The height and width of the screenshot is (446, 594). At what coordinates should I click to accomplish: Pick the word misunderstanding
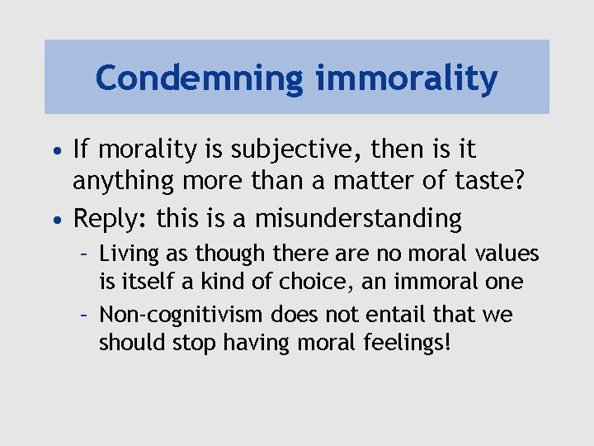coord(358,219)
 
